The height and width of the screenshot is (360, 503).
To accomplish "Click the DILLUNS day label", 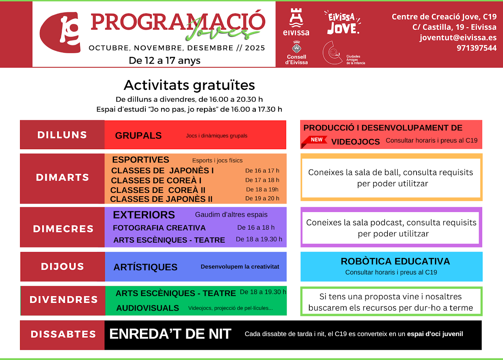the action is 62,135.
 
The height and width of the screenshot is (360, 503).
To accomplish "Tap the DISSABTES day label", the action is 63,334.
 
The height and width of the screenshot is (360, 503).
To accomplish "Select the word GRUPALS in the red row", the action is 138,135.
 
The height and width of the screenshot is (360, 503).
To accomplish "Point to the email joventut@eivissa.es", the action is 458,37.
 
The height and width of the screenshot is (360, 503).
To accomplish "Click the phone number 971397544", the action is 477,48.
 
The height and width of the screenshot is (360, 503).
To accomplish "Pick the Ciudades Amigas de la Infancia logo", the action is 343,53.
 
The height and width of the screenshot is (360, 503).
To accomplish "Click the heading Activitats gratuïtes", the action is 189,86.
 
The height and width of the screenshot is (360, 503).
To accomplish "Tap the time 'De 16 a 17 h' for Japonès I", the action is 262,171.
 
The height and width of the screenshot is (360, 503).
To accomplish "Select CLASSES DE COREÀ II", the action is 158,190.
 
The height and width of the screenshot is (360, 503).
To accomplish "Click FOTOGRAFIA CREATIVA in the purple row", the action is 159,228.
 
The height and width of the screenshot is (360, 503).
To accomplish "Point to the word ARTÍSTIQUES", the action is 145,267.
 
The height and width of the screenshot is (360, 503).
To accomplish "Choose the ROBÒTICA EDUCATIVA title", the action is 395,261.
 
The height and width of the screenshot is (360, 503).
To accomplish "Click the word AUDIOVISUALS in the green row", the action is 147,308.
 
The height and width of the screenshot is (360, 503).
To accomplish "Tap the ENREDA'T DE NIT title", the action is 170,334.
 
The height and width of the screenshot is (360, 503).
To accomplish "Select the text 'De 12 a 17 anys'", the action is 165,60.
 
